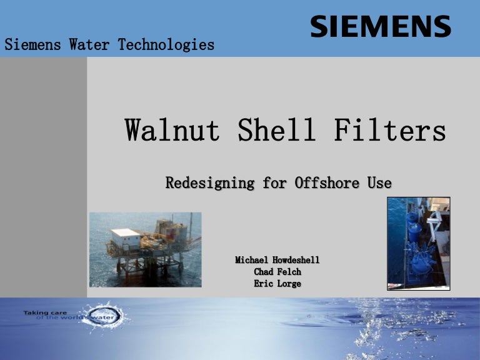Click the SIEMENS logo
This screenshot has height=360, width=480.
click(x=380, y=27)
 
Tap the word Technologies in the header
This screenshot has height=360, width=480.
click(x=164, y=45)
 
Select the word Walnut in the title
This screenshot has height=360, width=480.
click(x=172, y=131)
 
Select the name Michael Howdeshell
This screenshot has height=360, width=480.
click(x=277, y=259)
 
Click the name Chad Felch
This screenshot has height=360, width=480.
click(x=277, y=272)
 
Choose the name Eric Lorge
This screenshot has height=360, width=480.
click(x=277, y=284)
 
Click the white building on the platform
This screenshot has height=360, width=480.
click(x=126, y=237)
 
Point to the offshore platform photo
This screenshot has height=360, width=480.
click(x=145, y=249)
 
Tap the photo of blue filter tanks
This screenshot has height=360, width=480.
click(x=418, y=244)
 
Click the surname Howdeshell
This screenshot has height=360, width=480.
click(x=296, y=259)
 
